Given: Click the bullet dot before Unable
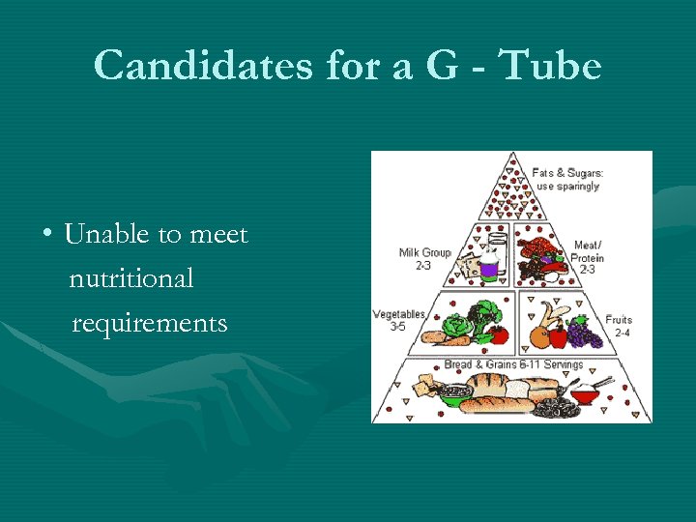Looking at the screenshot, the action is (x=46, y=235).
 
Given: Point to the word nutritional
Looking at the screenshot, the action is (x=131, y=278).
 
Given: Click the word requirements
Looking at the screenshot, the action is (x=150, y=323).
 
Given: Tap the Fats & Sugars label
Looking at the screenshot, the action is (x=568, y=179).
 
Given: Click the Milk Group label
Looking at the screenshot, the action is (x=424, y=258).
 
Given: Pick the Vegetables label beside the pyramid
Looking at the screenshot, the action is (x=399, y=320).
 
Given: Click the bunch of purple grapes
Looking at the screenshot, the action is (x=583, y=333).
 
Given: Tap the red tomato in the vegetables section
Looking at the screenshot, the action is (x=499, y=334).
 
